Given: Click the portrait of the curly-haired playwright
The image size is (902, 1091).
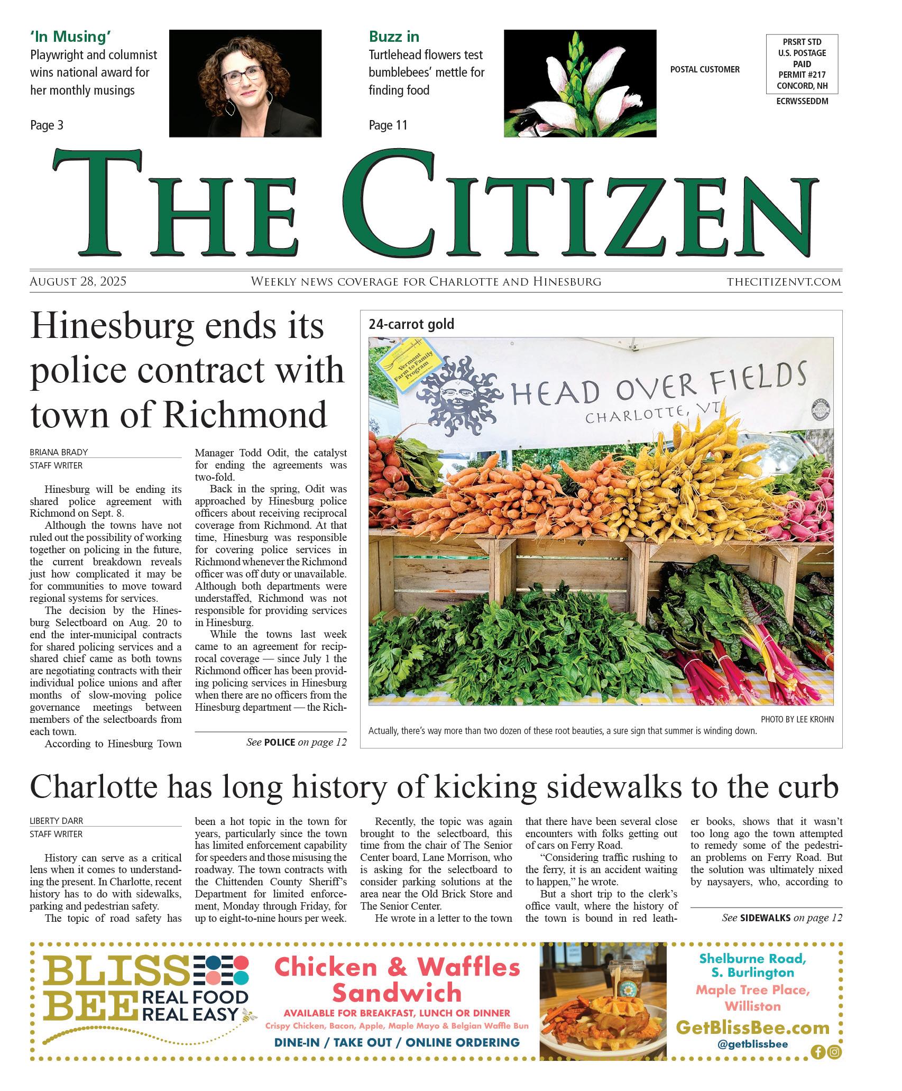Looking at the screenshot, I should click(x=245, y=83).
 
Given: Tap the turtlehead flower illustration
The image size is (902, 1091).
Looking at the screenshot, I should click(x=579, y=83).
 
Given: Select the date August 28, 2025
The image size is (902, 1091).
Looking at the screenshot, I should click(x=78, y=281).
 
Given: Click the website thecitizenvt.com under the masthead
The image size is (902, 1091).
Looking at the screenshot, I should click(x=784, y=282).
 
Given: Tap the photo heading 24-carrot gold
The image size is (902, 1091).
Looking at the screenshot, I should click(x=411, y=324).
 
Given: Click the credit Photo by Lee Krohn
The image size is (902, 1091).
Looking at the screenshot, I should click(x=797, y=719).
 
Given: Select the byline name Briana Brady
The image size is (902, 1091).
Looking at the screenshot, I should click(x=59, y=452).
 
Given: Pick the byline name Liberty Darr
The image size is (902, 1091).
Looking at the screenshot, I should click(x=57, y=821).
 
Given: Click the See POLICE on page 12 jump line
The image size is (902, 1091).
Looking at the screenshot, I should click(x=297, y=742).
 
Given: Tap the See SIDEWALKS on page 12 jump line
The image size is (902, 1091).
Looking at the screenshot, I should click(x=782, y=918).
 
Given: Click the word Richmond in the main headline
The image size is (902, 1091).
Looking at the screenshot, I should click(x=246, y=415).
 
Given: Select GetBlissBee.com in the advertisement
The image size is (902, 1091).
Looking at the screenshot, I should click(x=752, y=1028).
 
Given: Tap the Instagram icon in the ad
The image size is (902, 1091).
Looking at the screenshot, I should click(x=835, y=1052).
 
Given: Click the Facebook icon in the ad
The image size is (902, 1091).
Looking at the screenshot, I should click(x=818, y=1052).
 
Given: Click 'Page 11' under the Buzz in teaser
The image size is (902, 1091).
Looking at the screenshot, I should click(x=388, y=125).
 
